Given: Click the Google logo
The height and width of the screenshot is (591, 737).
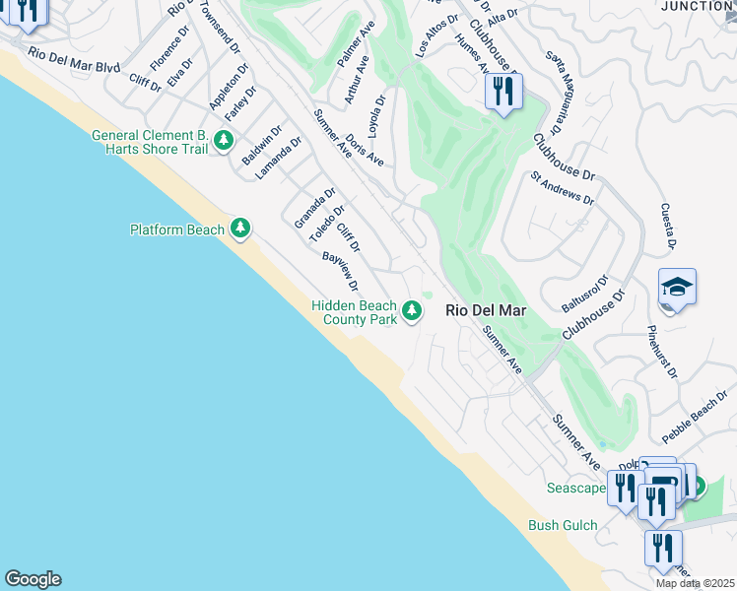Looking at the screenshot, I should (33, 579).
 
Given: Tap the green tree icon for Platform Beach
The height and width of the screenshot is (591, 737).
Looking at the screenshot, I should (239, 229).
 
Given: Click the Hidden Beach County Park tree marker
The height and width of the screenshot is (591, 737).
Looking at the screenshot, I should (412, 312).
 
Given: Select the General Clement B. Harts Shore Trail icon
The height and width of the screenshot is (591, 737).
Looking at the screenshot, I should (225, 141).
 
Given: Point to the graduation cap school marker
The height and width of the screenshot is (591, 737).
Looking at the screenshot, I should (677, 288).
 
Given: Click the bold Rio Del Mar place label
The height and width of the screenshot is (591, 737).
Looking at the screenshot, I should (486, 310).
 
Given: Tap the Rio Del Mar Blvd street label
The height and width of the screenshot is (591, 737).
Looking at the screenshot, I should (74, 60).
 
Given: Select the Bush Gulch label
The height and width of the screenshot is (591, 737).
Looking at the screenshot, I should (563, 525).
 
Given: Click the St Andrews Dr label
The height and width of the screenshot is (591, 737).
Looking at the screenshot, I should (563, 187).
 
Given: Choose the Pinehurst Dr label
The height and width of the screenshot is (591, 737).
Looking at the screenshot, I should (662, 352).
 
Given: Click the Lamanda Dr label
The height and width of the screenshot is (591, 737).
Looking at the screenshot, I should (278, 158).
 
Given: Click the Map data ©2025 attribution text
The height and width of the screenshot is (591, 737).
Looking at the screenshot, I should (695, 583).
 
